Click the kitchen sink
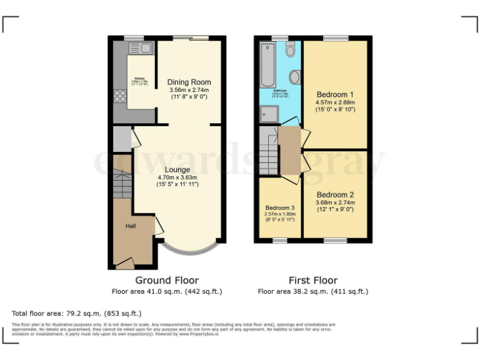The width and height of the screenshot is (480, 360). click(x=141, y=48)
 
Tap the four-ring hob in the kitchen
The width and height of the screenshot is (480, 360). click(x=119, y=96)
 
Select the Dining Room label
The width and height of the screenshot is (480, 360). click(x=189, y=82)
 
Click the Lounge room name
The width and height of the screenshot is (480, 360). click(x=177, y=169)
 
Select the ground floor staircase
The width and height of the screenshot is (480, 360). click(x=122, y=184)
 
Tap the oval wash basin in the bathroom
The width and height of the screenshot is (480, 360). click(x=295, y=77)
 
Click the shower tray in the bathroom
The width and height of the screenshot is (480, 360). click(x=268, y=113)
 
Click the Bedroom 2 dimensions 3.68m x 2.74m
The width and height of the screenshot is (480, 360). click(x=335, y=202)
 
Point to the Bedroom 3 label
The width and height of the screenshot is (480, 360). click(x=280, y=207)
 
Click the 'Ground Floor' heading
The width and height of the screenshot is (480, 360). click(x=166, y=281)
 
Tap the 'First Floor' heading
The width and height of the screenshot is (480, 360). click(x=312, y=281)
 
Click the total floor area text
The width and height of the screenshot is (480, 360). click(x=77, y=312)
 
